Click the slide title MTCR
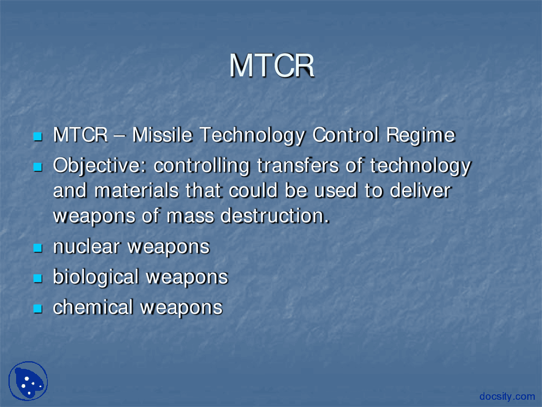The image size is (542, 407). pyautogui.click(x=271, y=66)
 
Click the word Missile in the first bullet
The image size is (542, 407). pyautogui.click(x=162, y=135)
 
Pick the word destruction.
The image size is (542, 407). pyautogui.click(x=275, y=216)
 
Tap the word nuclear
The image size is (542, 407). pyautogui.click(x=86, y=247)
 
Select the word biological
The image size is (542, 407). pyautogui.click(x=96, y=277)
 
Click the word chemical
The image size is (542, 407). pyautogui.click(x=93, y=307)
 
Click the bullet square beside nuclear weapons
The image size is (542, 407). pyautogui.click(x=38, y=248)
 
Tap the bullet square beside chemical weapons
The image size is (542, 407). pyautogui.click(x=38, y=309)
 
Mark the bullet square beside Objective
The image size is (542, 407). pyautogui.click(x=38, y=167)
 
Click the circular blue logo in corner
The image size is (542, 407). pyautogui.click(x=28, y=381)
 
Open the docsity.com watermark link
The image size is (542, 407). pyautogui.click(x=507, y=396)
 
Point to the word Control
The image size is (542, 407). pyautogui.click(x=346, y=135)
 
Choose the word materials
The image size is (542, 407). pyautogui.click(x=136, y=190)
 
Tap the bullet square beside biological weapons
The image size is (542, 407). pyautogui.click(x=38, y=279)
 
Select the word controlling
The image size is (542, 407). pyautogui.click(x=202, y=166)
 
